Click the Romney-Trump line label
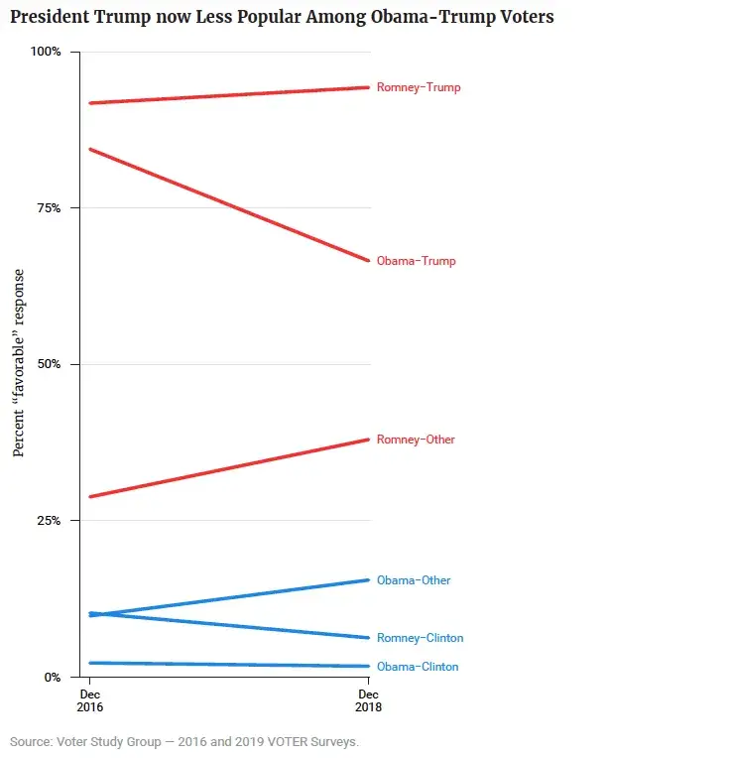pos(419,87)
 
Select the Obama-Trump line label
pos(417,261)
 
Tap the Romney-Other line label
pos(416,440)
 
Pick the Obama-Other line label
pos(414,580)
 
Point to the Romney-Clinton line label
pos(420,638)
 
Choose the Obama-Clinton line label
pos(418,667)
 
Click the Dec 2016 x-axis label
pos(90,700)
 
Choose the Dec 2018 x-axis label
pos(369,700)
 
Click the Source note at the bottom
pos(184,741)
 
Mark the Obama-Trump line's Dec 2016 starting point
pos(90,149)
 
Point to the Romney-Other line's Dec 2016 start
pos(90,496)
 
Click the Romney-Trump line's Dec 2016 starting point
pos(90,102)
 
